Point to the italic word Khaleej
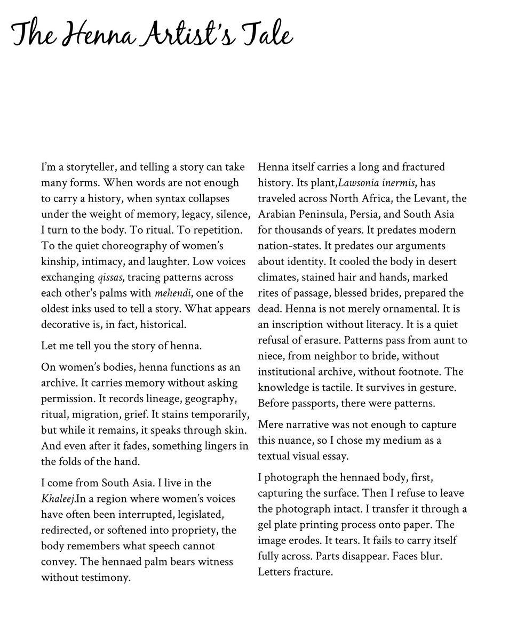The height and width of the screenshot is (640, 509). tap(58, 499)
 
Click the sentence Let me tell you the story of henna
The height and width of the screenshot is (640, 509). tap(122, 346)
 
